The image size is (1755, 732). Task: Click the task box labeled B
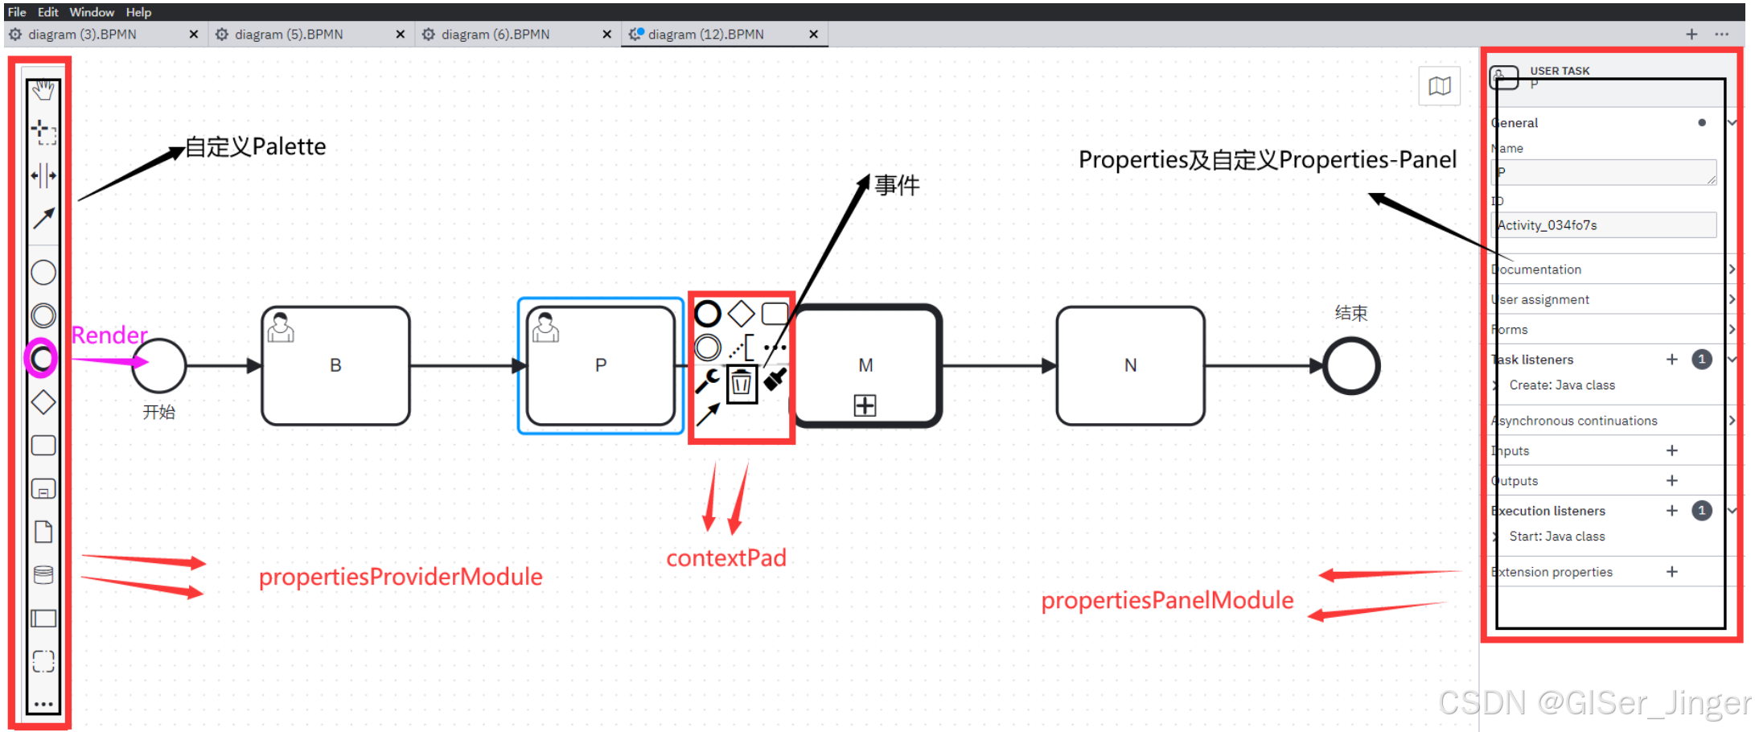pos(335,365)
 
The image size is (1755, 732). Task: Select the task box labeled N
pos(1130,365)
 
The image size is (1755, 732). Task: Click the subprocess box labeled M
pos(866,354)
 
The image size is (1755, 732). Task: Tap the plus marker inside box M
pos(865,405)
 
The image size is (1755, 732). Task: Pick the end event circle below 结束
pos(1351,366)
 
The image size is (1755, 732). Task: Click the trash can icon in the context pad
pos(742,383)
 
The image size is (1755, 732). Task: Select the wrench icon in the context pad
pos(707,380)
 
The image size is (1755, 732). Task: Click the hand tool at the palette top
pos(43,90)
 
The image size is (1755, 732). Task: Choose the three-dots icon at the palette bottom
pos(43,704)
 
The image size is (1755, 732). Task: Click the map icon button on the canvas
pos(1440,86)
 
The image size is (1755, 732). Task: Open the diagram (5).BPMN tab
pos(289,35)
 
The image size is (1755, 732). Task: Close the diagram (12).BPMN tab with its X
pos(813,35)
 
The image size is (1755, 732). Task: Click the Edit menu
pos(48,12)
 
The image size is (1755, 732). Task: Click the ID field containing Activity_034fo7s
pos(1605,225)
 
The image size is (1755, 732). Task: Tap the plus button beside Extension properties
pos(1672,572)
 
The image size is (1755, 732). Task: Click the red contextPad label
pos(725,558)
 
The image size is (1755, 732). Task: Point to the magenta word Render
pos(109,335)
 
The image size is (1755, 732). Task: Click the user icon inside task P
pos(545,327)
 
